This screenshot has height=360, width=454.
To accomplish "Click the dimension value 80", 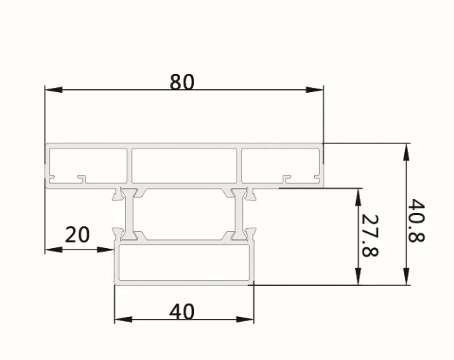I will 182,81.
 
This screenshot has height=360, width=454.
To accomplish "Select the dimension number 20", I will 78,235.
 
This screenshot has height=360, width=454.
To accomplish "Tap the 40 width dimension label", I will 182,312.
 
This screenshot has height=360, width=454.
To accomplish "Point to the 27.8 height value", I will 371,236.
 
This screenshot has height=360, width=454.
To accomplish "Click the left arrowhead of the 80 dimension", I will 51,90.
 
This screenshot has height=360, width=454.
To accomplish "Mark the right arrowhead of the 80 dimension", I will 316,90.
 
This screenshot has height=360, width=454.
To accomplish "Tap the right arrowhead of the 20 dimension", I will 109,250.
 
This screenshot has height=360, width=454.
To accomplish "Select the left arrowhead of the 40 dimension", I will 122,320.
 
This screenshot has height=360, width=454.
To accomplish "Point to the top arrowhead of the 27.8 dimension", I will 358,195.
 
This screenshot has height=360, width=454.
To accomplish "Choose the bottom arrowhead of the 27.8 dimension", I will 358,279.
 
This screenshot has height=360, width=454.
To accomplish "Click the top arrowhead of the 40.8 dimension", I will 405,151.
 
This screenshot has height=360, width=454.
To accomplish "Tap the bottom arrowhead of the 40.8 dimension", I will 405,279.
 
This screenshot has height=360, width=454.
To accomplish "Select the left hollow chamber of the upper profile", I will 88,162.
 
